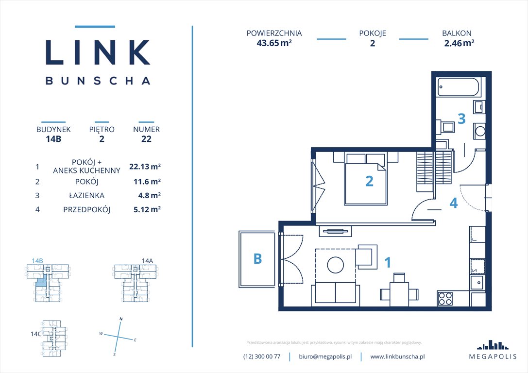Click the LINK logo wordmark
click(x=97, y=52)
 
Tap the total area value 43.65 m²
click(x=274, y=43)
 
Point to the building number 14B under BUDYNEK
click(x=53, y=139)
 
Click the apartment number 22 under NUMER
click(x=146, y=139)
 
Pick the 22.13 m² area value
click(x=145, y=167)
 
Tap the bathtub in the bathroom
click(x=458, y=87)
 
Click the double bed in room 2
click(x=366, y=179)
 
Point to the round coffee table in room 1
click(x=335, y=265)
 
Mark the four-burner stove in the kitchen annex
click(x=445, y=298)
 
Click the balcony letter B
click(x=257, y=259)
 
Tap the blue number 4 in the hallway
click(x=453, y=203)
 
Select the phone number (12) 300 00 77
click(x=262, y=356)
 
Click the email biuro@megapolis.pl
click(x=325, y=356)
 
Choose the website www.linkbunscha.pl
click(x=398, y=356)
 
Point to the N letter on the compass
click(x=121, y=319)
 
